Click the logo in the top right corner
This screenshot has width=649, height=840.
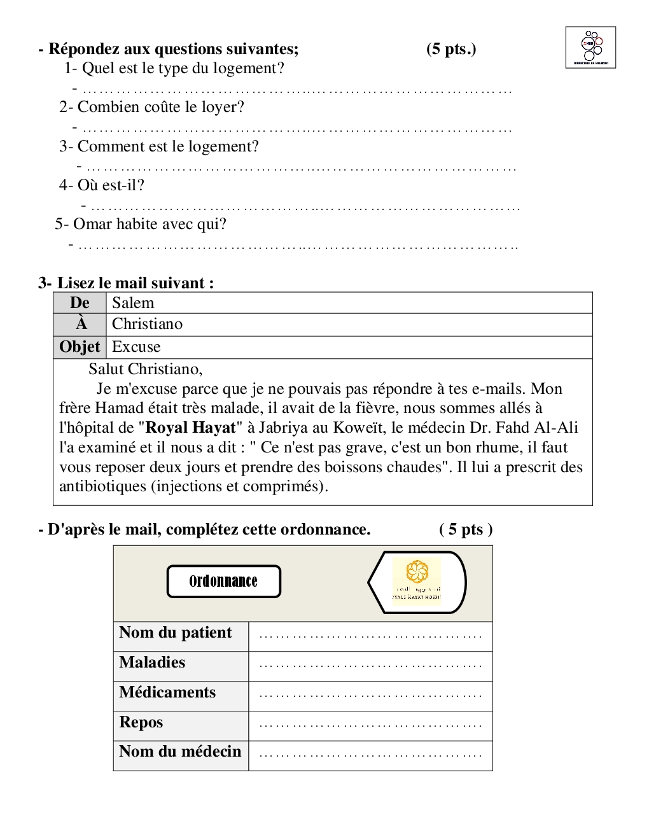[x=590, y=47]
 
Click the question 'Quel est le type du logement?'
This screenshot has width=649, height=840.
[x=174, y=68]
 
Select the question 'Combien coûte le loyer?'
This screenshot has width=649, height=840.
[x=151, y=107]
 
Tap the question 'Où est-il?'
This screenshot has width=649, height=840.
[x=102, y=185]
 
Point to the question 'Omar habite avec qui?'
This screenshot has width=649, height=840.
[x=141, y=224]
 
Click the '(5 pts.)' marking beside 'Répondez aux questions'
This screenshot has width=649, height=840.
[x=451, y=49]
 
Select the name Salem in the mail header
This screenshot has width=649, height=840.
[x=133, y=303]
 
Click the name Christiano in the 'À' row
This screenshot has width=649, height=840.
[x=147, y=324]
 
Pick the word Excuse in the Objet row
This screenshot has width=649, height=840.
[x=136, y=347]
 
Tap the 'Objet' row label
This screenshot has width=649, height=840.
[x=80, y=347]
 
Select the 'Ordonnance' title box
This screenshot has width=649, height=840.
[x=223, y=581]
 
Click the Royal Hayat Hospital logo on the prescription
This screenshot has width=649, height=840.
[x=417, y=581]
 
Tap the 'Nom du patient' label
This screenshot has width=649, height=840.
[x=176, y=633]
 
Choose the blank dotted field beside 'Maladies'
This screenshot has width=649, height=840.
[x=370, y=666]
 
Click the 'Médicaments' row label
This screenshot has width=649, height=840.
[x=167, y=692]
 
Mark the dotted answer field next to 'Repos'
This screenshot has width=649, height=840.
[x=370, y=725]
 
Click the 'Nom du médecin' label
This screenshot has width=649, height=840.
[x=180, y=752]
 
